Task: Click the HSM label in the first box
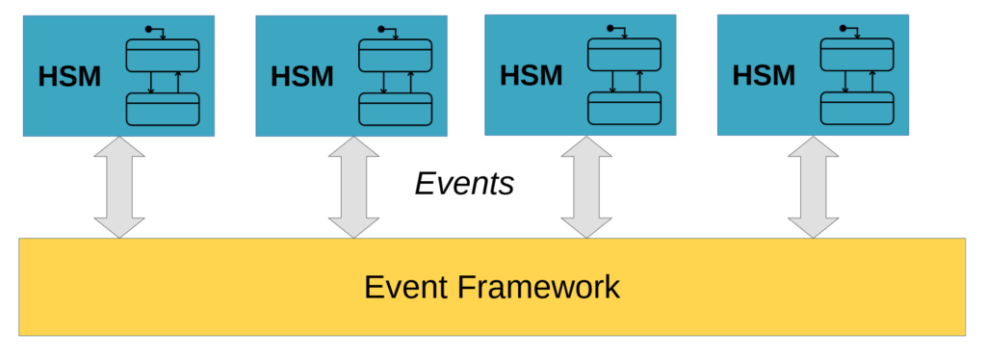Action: point(69,77)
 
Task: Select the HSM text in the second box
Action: point(302,75)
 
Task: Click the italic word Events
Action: point(464,183)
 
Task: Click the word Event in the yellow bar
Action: point(405,287)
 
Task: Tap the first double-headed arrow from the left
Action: point(118,187)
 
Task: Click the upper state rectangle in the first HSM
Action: point(162,56)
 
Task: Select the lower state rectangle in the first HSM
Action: point(162,109)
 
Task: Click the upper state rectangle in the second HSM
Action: point(395,55)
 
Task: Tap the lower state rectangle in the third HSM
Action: point(625,108)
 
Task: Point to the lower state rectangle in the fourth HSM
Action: point(856,108)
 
